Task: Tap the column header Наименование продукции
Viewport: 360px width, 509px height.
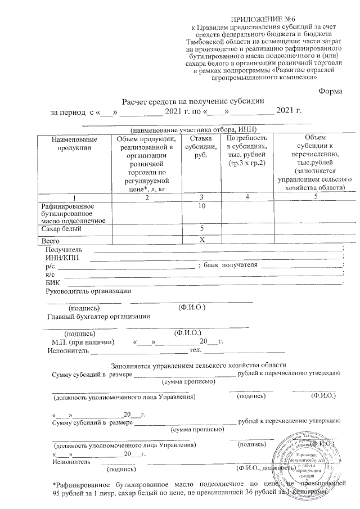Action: tap(73, 143)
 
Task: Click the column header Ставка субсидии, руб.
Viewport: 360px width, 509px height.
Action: tap(201, 147)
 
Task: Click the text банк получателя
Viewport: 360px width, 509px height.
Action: tap(231, 265)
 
